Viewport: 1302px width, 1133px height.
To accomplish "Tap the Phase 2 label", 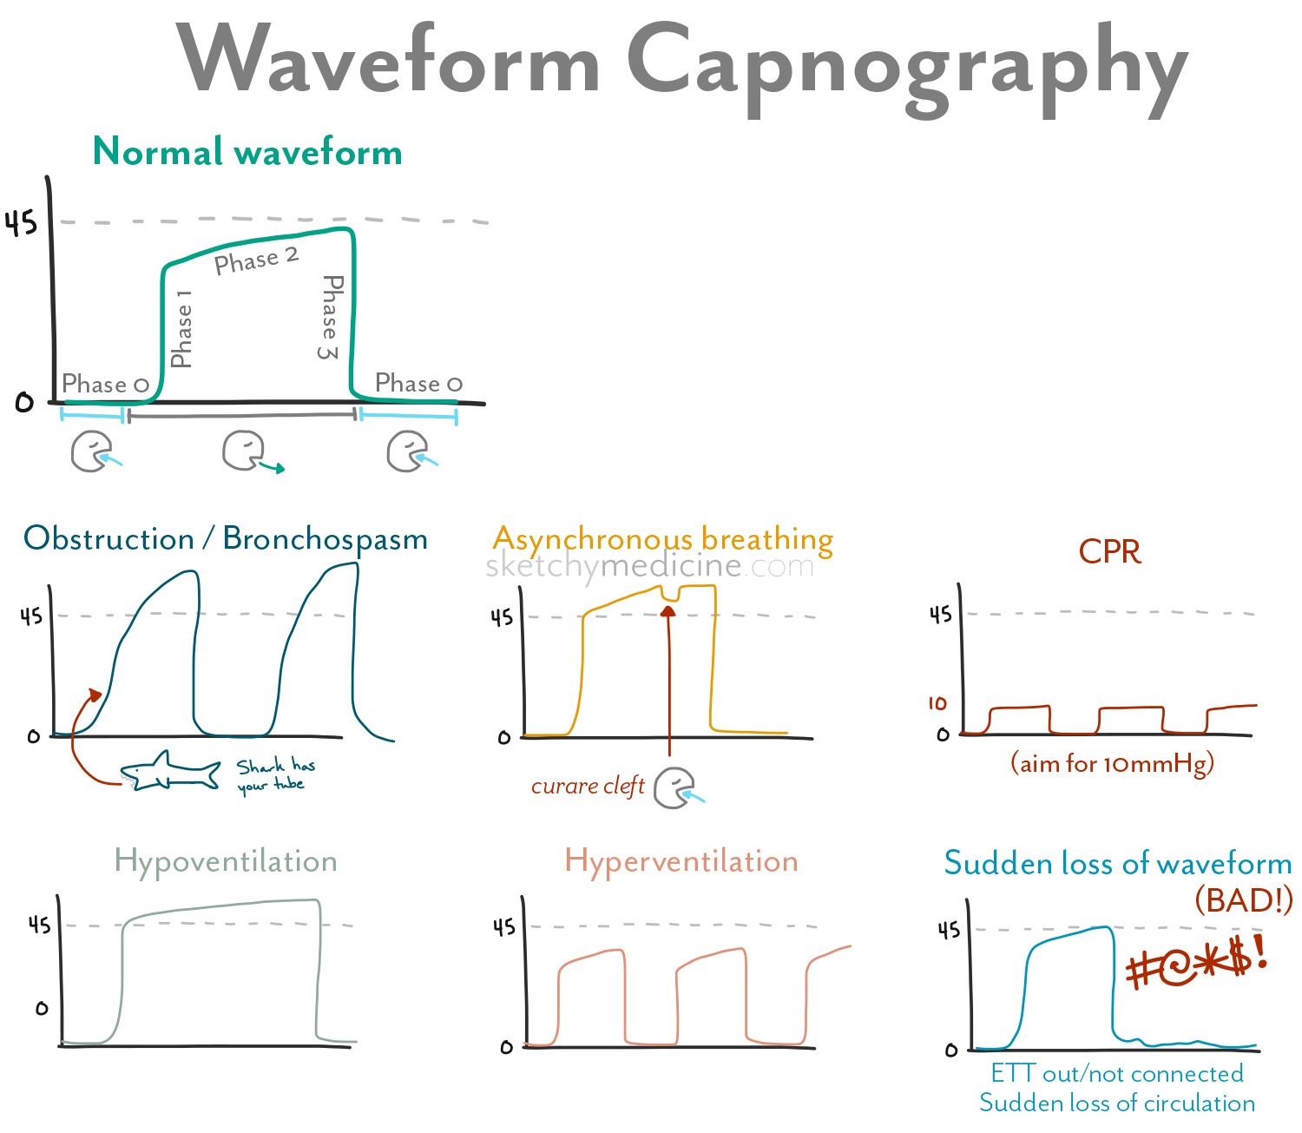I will pos(256,260).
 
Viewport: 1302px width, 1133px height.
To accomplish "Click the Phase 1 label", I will pos(181,330).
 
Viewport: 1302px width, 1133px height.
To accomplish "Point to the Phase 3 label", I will pos(331,317).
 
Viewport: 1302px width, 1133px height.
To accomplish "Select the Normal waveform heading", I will pos(247,152).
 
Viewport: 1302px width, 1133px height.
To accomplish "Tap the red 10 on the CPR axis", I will pos(937,703).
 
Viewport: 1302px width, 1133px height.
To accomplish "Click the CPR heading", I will pos(1109,551).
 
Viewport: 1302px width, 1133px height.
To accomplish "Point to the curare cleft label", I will pos(588,786).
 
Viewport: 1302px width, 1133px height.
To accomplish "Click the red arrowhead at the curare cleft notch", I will pos(667,610).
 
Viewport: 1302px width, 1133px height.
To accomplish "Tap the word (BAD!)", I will pos(1243,899).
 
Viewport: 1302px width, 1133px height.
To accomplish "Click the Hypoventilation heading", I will pos(226,861).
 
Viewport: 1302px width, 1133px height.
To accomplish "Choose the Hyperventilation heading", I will pos(681,861).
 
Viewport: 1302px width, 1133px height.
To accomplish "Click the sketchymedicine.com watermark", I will pos(649,566).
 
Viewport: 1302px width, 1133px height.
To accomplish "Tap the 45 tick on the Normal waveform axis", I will pos(22,224).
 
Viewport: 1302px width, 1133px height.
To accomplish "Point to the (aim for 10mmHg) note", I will pos(1112,764).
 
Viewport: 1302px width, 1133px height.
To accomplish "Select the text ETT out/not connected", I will pos(1117,1074).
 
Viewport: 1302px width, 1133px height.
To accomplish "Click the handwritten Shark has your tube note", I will pos(275,775).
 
